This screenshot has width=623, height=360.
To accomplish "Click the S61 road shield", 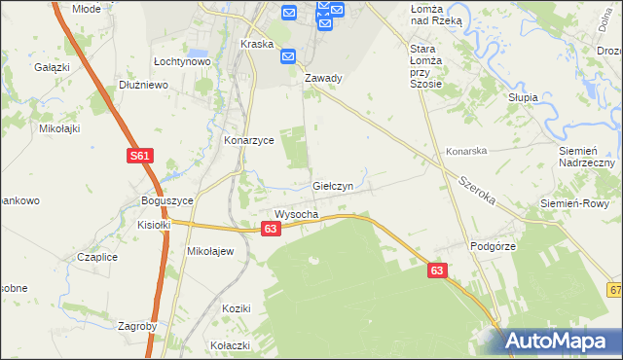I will (139, 156).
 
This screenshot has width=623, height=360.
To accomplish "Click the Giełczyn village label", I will (339, 185).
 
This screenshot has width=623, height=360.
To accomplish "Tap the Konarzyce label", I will (249, 140).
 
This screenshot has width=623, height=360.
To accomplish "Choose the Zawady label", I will (323, 79).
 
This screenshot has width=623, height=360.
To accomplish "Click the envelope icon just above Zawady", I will (288, 56).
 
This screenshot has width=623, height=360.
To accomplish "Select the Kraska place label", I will (257, 45).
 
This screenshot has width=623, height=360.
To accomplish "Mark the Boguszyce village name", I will (167, 200).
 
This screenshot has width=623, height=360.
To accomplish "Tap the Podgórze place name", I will (492, 247).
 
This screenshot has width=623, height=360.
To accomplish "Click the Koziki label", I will (237, 308).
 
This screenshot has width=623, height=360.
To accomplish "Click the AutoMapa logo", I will (561, 341).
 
